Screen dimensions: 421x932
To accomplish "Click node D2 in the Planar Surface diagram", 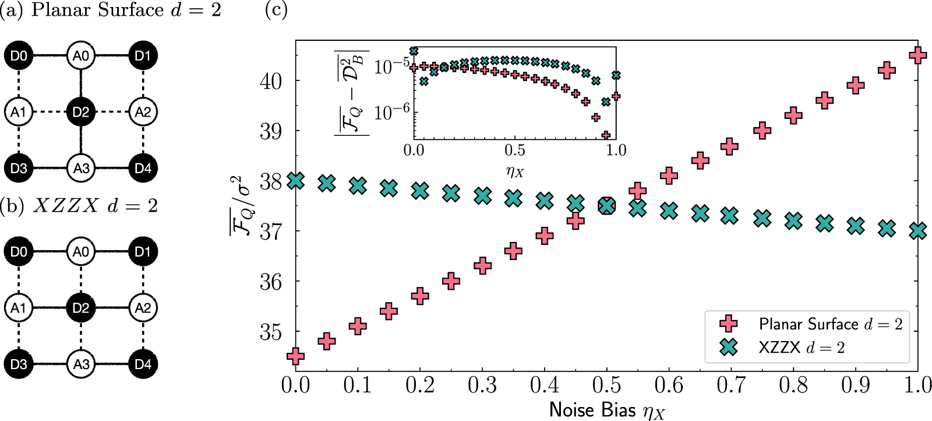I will (x=80, y=112).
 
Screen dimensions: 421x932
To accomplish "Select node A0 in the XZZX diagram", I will (x=80, y=252).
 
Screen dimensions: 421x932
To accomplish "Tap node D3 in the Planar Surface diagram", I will (x=19, y=169).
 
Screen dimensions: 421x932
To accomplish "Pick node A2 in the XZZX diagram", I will (x=143, y=308).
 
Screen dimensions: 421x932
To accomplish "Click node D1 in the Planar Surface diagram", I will (x=143, y=56).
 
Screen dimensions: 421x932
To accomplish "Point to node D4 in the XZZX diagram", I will (x=143, y=364).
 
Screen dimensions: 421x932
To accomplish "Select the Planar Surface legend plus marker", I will (x=728, y=324).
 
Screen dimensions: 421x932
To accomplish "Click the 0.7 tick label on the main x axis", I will (x=731, y=385).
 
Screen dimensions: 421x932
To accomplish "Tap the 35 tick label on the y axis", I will (x=271, y=332).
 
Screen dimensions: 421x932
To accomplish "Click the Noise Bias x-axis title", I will (x=606, y=411).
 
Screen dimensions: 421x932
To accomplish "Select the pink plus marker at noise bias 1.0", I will (x=918, y=55).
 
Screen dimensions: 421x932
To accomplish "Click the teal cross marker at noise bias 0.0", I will (x=296, y=181).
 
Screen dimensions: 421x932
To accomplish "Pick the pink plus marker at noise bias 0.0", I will (x=296, y=356).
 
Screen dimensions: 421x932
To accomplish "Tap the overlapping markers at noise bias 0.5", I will (x=607, y=206).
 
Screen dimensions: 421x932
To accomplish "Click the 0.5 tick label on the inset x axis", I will (x=514, y=150).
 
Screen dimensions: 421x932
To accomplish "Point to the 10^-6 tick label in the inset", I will (x=391, y=111).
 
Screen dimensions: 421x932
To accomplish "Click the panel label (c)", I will (x=276, y=10).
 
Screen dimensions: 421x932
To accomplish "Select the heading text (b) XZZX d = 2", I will (x=79, y=206).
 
